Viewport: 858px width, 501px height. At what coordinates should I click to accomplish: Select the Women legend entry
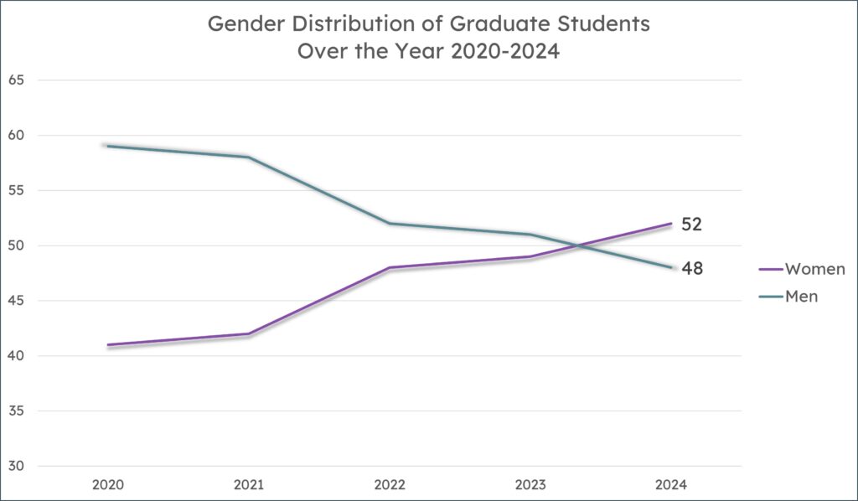[x=814, y=269]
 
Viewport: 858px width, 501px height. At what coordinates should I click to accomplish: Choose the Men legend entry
[x=800, y=296]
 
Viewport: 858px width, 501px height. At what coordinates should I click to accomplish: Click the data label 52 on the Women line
[x=690, y=225]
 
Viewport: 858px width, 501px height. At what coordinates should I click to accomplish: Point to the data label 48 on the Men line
[x=690, y=269]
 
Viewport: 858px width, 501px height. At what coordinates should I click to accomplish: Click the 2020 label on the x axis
[x=108, y=484]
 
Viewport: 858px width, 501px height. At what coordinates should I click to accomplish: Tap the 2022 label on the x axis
[x=390, y=484]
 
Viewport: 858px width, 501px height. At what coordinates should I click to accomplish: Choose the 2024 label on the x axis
[x=671, y=484]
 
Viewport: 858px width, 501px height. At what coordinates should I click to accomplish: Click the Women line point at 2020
[x=108, y=344]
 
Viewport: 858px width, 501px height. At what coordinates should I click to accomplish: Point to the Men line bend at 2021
[x=249, y=157]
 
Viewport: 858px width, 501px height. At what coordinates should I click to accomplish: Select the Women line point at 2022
[x=390, y=267]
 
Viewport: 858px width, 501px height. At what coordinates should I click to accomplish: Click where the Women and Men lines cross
[x=578, y=246]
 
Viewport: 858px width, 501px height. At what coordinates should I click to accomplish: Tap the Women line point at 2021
[x=249, y=333]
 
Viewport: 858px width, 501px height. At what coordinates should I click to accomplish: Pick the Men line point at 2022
[x=390, y=223]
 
